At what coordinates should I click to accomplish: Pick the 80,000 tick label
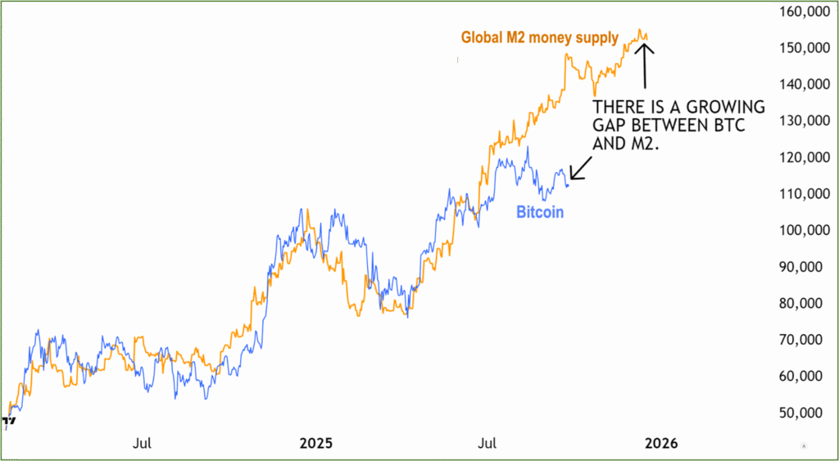pos(801,303)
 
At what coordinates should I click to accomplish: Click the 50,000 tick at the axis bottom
pos(801,412)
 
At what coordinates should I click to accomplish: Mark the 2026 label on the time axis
pos(660,444)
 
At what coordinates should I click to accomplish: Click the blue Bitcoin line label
pos(539,212)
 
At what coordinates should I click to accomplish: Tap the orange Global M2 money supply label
pos(539,38)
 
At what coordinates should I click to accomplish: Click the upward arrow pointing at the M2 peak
pos(646,66)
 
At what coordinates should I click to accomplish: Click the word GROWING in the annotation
pos(726,108)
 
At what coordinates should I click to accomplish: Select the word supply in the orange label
pos(596,38)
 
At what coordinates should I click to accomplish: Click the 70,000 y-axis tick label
pos(801,340)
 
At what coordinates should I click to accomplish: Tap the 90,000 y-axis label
pos(801,267)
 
